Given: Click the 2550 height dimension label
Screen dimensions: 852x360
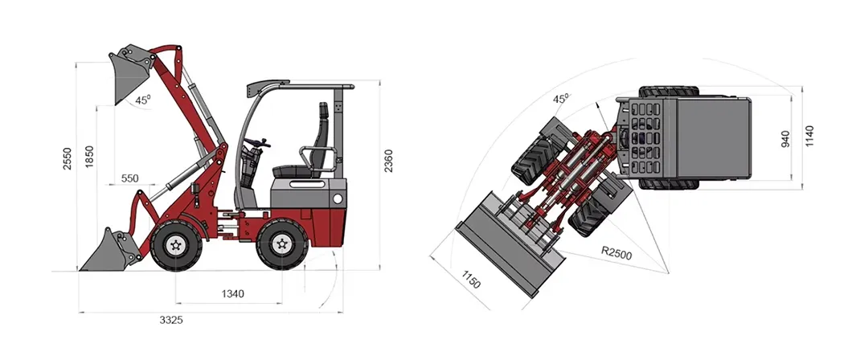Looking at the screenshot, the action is point(68,158).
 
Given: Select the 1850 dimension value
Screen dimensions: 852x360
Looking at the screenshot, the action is point(90,157).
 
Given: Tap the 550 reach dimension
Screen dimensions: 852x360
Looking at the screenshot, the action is point(130,178).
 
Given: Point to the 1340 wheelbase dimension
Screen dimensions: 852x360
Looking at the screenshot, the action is point(232,294).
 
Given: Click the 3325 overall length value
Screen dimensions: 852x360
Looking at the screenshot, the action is point(171,320).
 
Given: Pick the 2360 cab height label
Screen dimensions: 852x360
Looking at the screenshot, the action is point(388,161).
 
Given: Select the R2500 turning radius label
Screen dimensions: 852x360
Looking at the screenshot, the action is point(616,252).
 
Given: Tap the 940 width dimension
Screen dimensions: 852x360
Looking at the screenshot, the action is point(786,140).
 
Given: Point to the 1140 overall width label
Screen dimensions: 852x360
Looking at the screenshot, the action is point(809,137).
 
